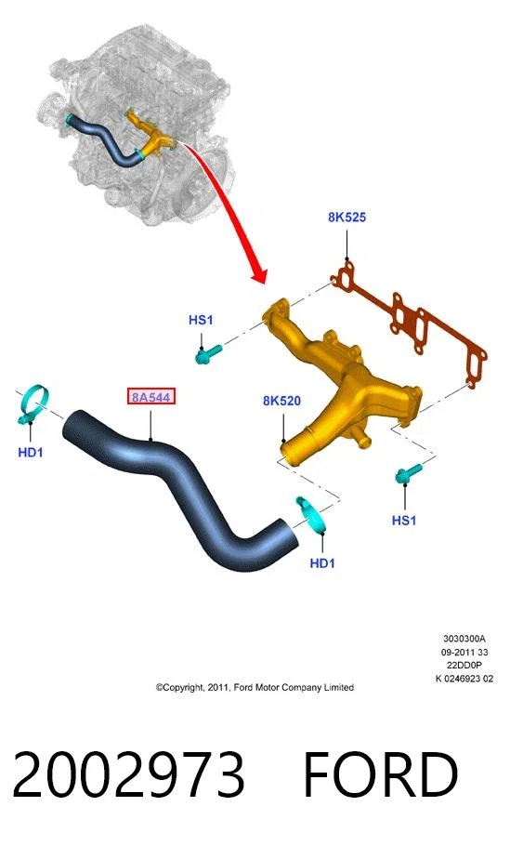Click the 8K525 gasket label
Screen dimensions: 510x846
click(x=347, y=217)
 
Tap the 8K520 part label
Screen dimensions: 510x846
click(x=281, y=401)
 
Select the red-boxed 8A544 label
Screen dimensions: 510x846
click(x=150, y=397)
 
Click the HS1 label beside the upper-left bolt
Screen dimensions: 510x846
click(x=201, y=320)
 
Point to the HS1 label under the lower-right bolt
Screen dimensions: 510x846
click(x=404, y=520)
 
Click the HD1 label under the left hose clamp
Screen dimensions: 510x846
click(x=30, y=452)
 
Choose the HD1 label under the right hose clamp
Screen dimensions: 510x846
click(x=321, y=563)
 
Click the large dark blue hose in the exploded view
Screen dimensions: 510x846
click(x=178, y=481)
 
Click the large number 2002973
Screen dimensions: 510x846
click(x=128, y=774)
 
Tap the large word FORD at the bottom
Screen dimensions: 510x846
click(x=381, y=774)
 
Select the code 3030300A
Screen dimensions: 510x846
click(x=464, y=639)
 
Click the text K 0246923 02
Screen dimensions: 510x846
click(x=464, y=679)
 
